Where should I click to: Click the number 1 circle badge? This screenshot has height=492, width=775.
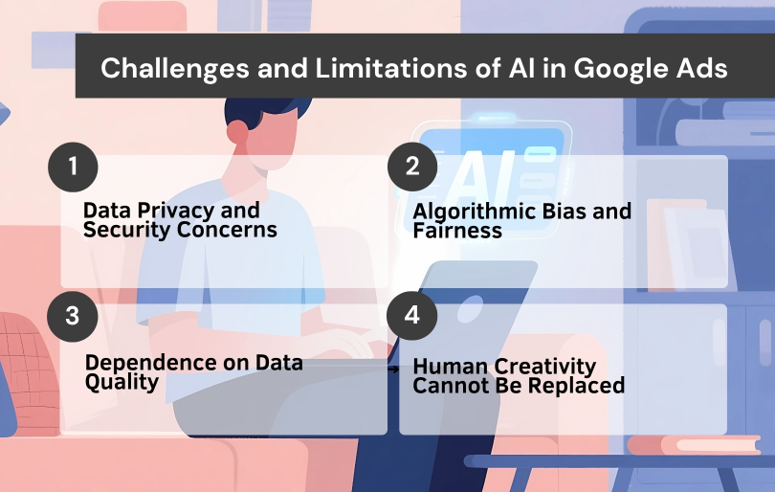73,167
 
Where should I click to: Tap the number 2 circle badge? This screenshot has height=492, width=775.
412,166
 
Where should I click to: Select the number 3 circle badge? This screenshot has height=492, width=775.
73,316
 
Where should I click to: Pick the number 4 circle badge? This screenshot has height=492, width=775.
412,316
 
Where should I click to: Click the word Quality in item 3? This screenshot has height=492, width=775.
122,382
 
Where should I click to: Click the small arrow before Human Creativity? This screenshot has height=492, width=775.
393,368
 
